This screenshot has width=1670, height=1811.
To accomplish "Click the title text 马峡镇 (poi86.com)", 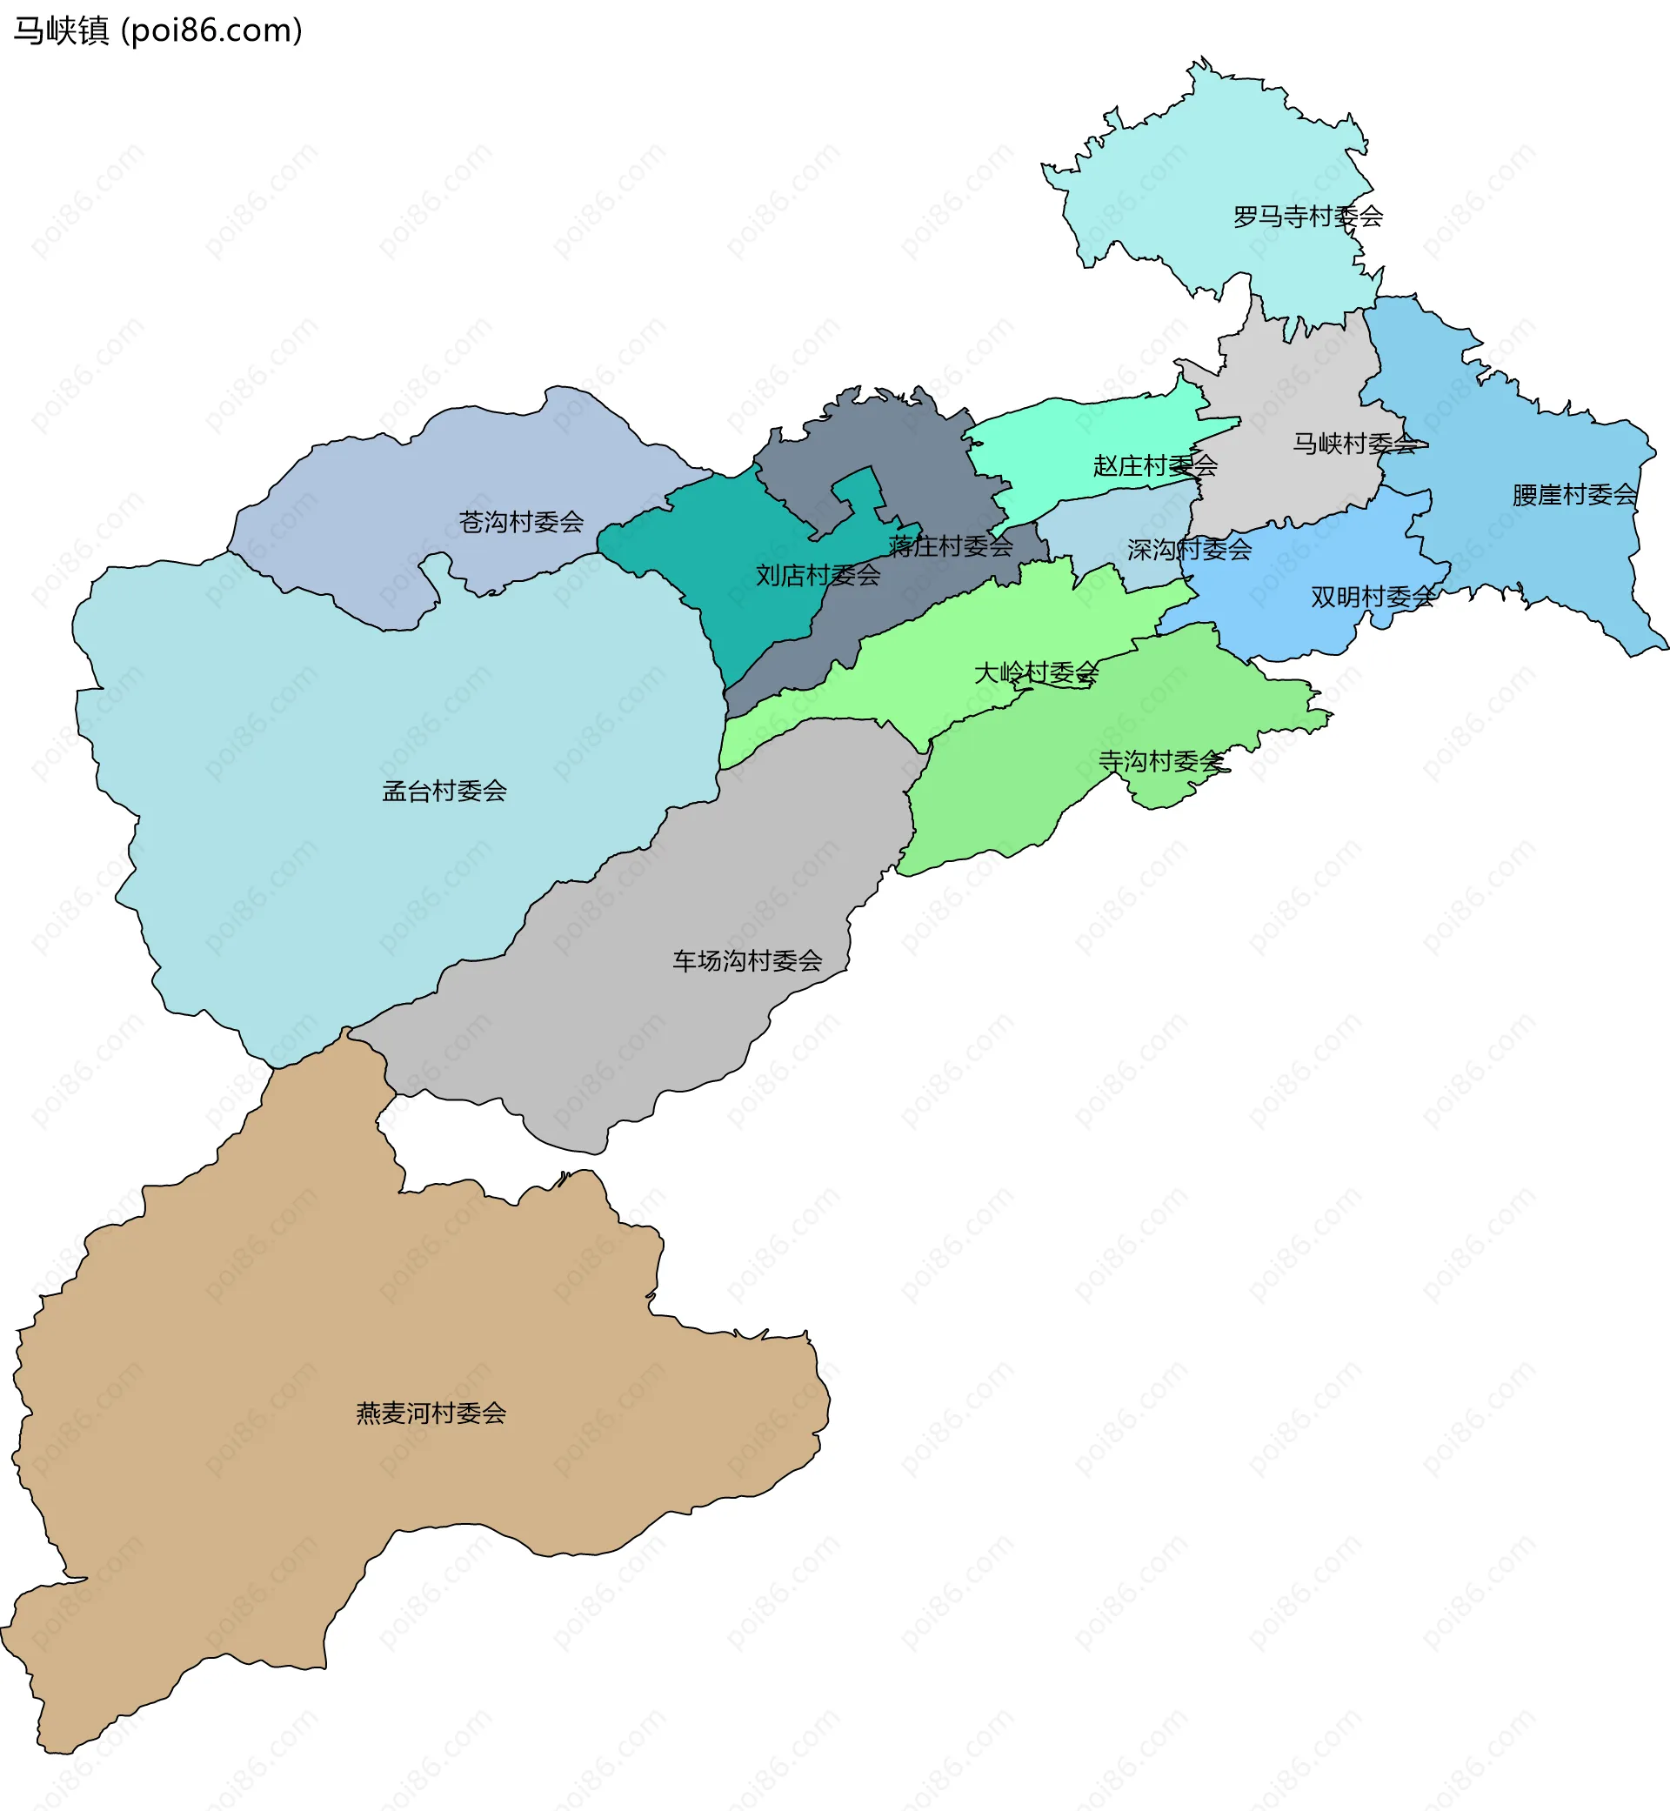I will pos(158,30).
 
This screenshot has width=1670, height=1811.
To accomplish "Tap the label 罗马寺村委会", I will pos(1307,217).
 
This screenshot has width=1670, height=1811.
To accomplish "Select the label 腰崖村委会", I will pos(1574,495).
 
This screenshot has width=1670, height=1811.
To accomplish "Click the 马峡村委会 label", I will pos(1354,444).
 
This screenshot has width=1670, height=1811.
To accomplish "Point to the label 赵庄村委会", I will pos(1155,466).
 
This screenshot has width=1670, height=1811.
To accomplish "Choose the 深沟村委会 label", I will pos(1189,550).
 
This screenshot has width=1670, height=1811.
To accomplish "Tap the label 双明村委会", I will pos(1373,598).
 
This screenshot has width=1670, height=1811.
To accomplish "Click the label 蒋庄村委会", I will pos(951,547).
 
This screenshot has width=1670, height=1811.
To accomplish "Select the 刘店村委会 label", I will pos(818,576).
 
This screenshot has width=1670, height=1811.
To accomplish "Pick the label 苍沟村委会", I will pos(521,522).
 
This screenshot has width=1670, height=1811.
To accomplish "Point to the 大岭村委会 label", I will pos(1036,672).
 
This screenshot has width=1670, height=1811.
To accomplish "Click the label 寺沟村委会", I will pos(1161,762).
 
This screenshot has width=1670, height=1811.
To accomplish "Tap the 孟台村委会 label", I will pos(444,792).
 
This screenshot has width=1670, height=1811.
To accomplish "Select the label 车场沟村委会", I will pos(747,961).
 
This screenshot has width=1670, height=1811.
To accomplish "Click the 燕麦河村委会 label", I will pos(431,1413).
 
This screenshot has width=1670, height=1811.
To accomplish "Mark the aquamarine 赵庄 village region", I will pos(1066,443).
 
